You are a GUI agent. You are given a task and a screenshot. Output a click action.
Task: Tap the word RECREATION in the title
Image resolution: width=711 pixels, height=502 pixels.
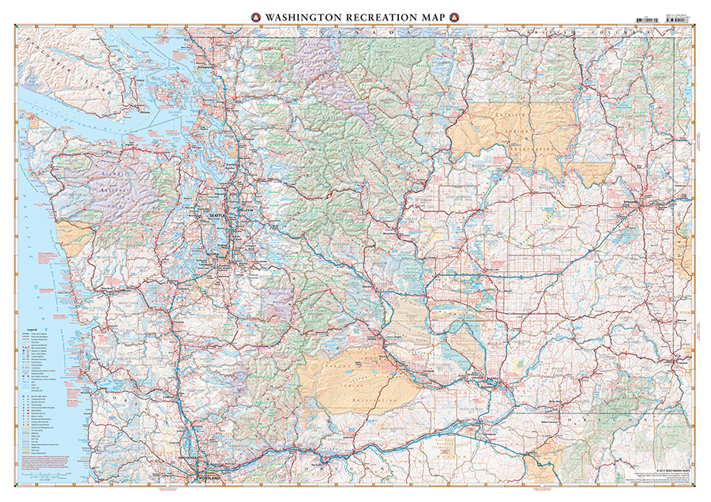pyautogui.click(x=380, y=16)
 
